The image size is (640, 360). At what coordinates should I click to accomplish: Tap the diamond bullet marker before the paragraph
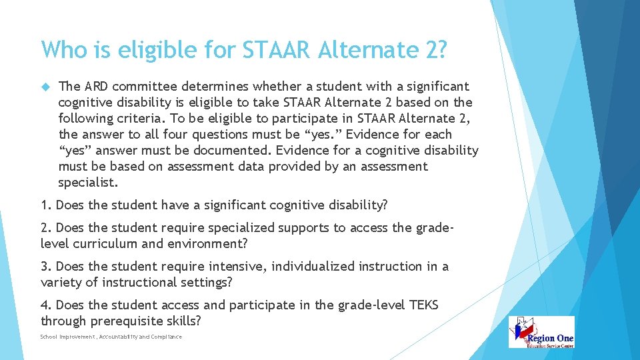click(x=45, y=87)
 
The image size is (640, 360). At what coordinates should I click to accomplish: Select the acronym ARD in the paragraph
click(x=97, y=86)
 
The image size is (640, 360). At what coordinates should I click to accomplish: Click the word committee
click(x=143, y=86)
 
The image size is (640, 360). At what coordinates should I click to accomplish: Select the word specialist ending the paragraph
click(x=87, y=182)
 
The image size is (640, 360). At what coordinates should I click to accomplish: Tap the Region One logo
click(x=541, y=332)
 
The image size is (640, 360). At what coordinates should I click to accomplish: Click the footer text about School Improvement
click(x=111, y=337)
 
